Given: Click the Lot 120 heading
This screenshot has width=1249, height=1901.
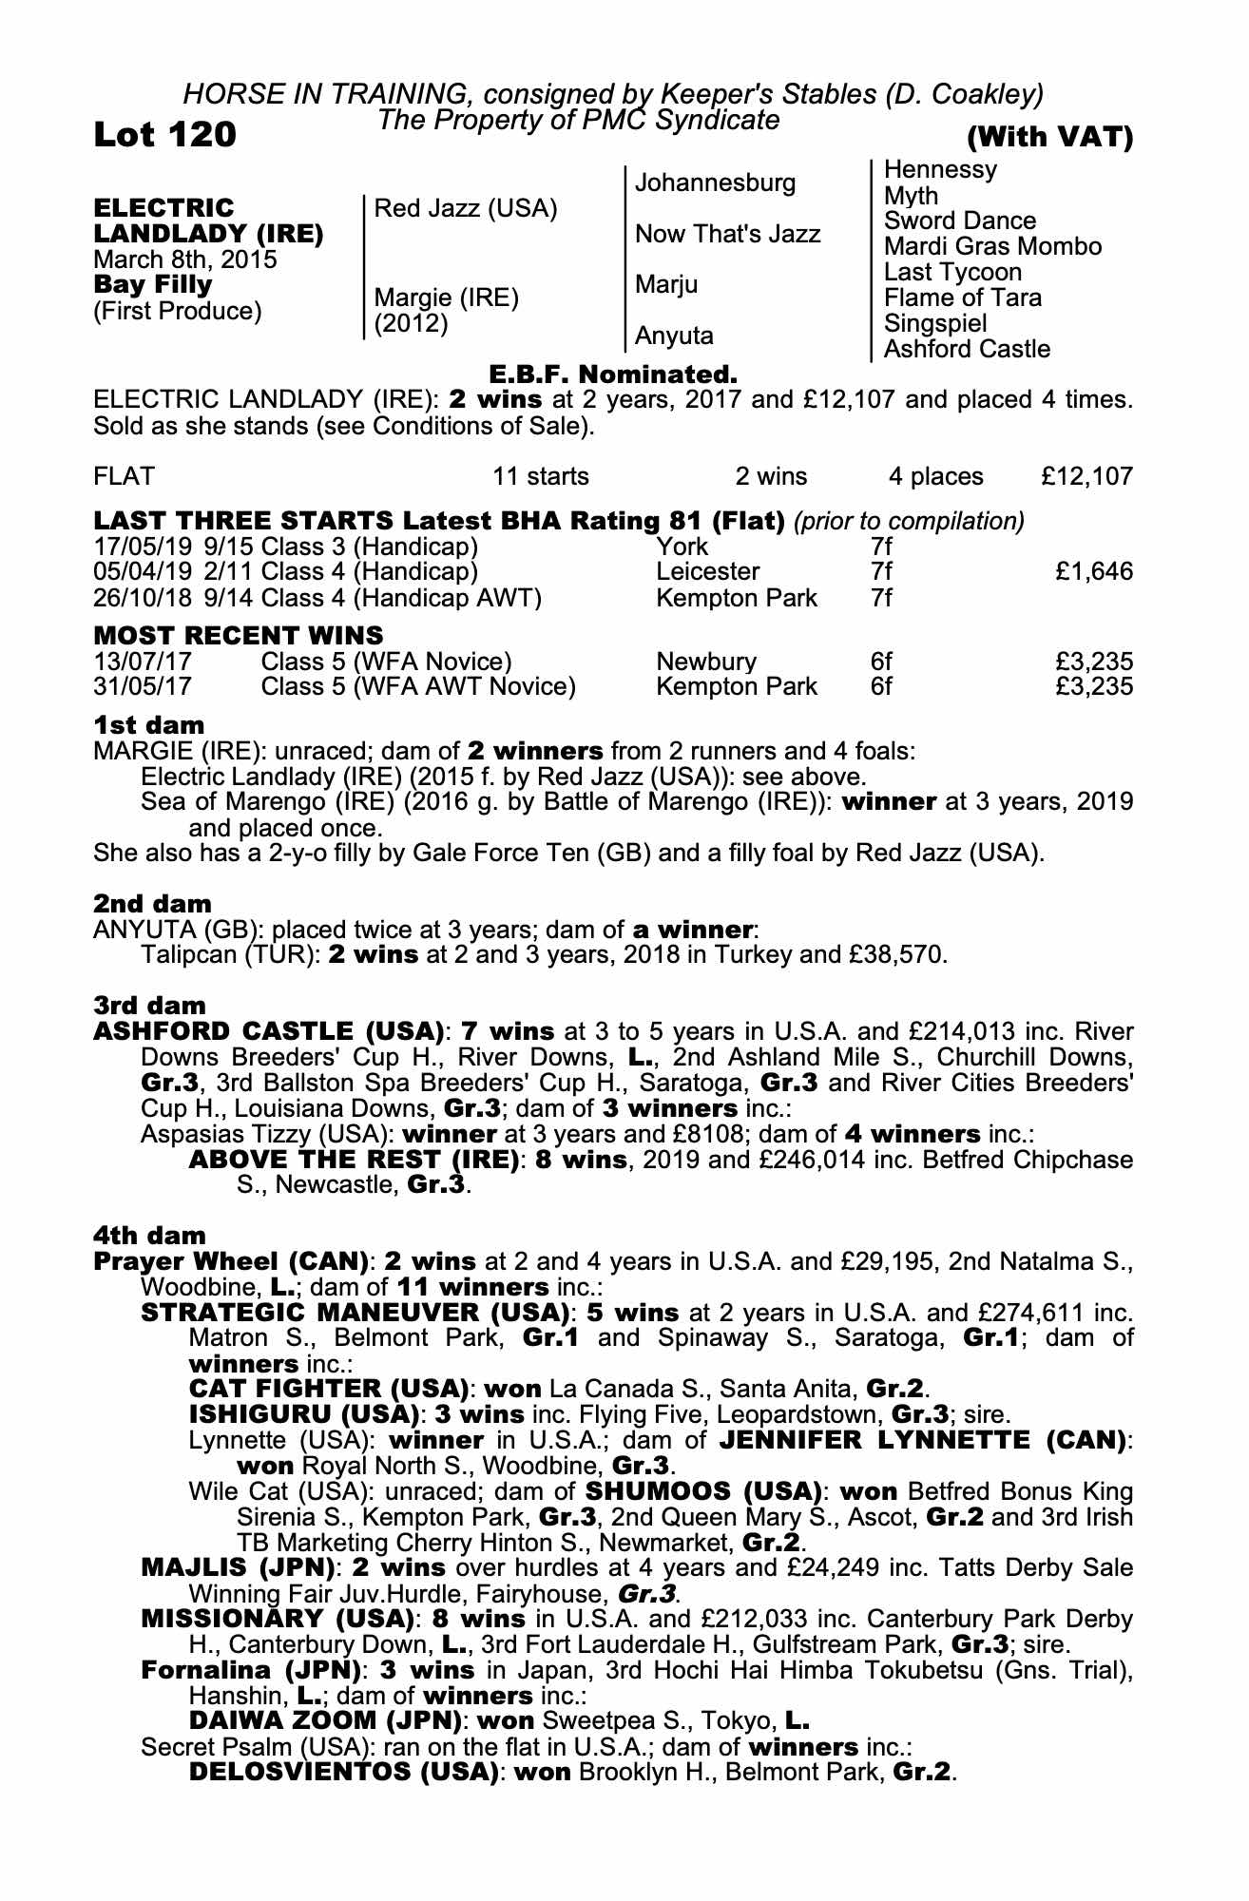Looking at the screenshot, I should (164, 135).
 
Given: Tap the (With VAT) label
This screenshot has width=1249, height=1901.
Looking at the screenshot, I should (1049, 138).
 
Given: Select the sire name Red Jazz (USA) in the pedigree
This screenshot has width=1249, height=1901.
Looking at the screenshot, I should (466, 208).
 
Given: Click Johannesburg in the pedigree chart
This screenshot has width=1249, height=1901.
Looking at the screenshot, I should (715, 182).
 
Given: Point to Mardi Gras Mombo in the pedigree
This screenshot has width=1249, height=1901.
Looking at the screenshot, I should (992, 246).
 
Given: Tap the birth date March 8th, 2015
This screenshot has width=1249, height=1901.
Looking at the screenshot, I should (185, 259).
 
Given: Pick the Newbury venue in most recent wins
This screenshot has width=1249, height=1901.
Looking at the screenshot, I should (706, 662).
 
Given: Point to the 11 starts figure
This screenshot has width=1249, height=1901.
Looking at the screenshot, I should (540, 476).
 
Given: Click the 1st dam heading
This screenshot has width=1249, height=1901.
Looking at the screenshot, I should (148, 726).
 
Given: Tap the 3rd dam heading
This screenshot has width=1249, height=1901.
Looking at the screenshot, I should (149, 1005).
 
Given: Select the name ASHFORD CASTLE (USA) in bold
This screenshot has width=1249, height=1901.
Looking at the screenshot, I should (269, 1031).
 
